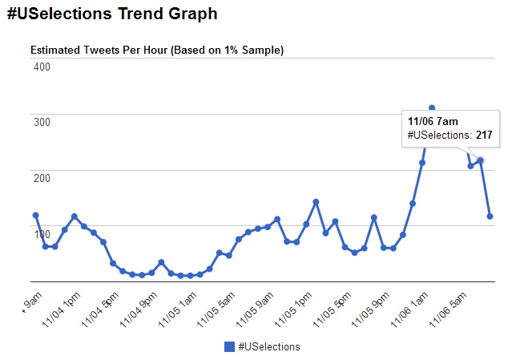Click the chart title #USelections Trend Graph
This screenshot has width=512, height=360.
click(x=111, y=14)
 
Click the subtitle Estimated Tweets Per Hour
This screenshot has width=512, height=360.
click(x=157, y=50)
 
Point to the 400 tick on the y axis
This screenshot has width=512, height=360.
click(x=41, y=67)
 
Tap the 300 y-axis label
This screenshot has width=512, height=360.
click(x=41, y=121)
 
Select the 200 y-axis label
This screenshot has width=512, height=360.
click(x=41, y=172)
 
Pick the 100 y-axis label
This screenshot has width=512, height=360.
click(x=41, y=227)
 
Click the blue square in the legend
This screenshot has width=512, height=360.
click(x=229, y=346)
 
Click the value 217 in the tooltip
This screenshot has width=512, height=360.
click(x=484, y=135)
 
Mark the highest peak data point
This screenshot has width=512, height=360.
click(x=432, y=107)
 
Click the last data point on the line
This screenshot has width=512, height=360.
click(x=490, y=216)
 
